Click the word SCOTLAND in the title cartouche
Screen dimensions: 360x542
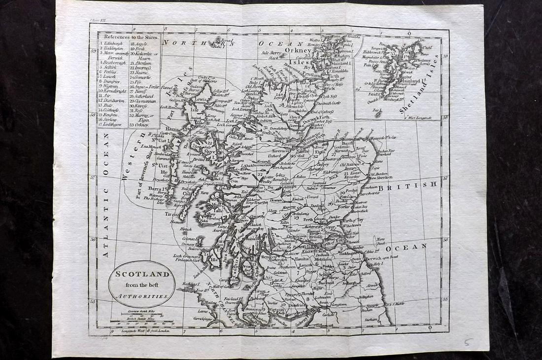pos(142,274)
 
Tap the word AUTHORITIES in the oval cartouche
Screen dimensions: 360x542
pos(142,297)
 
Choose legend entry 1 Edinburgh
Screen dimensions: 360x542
pos(115,43)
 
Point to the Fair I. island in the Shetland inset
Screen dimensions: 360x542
pos(378,110)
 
